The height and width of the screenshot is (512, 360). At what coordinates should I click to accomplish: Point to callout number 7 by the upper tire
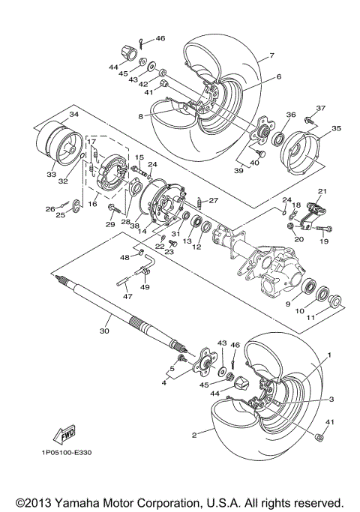(x=272, y=56)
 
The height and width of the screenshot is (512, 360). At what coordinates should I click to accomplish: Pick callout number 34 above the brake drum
(x=73, y=114)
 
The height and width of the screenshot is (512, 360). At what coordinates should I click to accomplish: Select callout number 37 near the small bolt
(x=321, y=109)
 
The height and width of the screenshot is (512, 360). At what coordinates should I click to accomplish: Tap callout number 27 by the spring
(x=214, y=200)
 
